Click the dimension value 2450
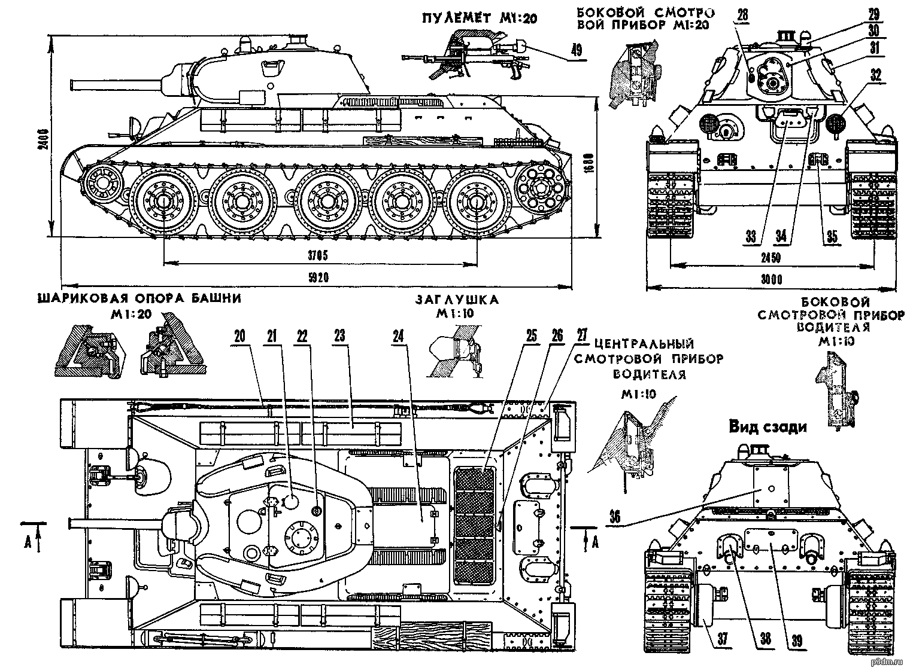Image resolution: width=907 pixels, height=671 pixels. pyautogui.click(x=771, y=258)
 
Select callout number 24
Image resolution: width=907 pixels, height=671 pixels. pyautogui.click(x=398, y=337)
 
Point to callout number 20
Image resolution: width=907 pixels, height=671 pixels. pyautogui.click(x=239, y=337)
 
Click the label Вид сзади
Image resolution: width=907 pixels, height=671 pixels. pyautogui.click(x=768, y=427)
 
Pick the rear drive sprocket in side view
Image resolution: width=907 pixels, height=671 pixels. pyautogui.click(x=543, y=188)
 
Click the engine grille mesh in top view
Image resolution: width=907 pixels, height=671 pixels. pyautogui.click(x=474, y=526)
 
